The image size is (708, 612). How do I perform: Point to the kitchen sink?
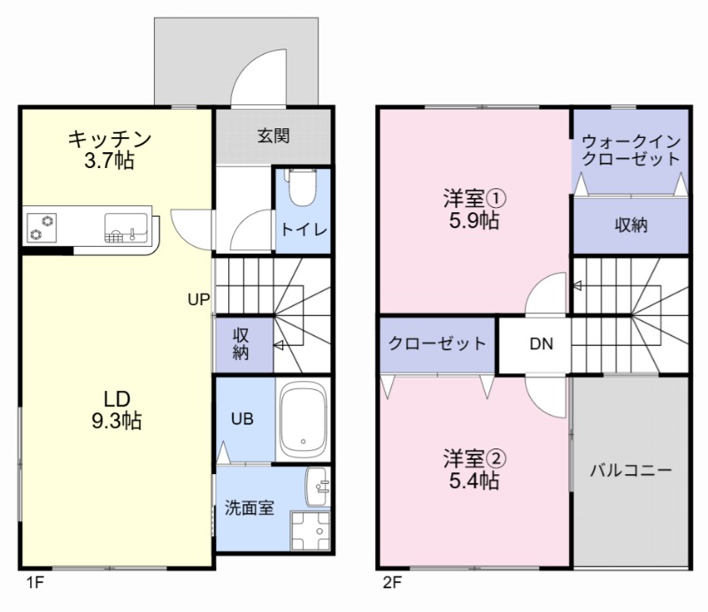coord(125,227)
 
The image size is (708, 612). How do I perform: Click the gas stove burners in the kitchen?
coord(41,227)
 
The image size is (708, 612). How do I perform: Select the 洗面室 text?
coord(249,508)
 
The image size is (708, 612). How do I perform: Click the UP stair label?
coord(198,299)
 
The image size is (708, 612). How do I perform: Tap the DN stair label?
coord(542,344)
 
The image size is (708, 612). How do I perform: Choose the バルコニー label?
coord(631,470)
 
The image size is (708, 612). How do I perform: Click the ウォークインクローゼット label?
coord(630,149)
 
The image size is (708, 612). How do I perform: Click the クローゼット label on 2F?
coord(437,344)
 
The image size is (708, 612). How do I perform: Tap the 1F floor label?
coord(33,583)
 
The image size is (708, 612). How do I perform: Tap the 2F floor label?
coord(392,583)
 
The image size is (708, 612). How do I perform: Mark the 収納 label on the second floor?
coord(631,225)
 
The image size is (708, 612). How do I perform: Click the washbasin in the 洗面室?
coord(318,485)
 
